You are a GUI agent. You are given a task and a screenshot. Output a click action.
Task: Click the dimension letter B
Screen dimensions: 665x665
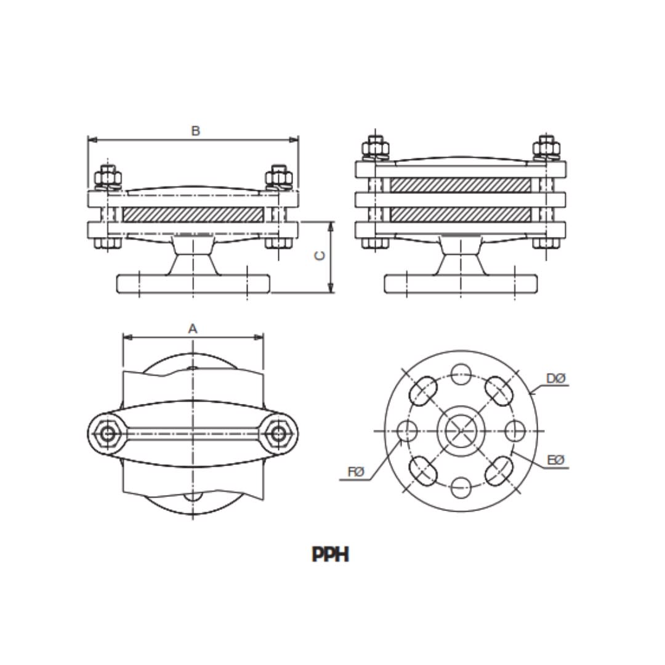point(195,131)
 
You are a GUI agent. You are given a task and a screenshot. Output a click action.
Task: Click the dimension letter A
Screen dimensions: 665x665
point(193,329)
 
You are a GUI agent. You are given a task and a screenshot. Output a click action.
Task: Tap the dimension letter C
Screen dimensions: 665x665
point(320,256)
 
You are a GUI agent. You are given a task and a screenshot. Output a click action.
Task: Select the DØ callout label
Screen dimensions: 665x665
point(555,378)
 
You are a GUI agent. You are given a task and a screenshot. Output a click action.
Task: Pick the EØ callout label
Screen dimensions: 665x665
point(555,461)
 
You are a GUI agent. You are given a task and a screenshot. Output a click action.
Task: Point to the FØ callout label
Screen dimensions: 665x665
point(357,472)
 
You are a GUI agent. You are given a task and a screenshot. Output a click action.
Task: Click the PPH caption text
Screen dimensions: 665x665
point(331,555)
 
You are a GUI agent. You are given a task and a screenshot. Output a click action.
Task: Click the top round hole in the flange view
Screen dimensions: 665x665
point(461,374)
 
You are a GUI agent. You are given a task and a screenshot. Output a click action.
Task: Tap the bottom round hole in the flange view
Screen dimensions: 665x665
point(461,488)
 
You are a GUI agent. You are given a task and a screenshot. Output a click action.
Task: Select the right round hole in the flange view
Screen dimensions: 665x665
point(515,431)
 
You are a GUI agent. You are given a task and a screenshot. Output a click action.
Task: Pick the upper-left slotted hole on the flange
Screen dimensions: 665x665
point(424,389)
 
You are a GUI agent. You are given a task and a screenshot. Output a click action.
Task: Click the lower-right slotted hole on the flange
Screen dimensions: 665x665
point(498,472)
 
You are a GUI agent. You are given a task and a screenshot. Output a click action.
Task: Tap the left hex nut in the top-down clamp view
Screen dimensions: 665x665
point(108,433)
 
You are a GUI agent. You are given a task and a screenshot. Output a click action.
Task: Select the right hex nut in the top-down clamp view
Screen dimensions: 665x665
point(279,433)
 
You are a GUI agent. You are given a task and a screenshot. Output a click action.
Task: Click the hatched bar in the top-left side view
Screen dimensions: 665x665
point(193,214)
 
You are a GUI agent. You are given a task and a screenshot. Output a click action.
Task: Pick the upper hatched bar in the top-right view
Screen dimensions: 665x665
point(461,185)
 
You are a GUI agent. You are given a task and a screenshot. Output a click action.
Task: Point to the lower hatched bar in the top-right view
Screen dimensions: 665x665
point(461,214)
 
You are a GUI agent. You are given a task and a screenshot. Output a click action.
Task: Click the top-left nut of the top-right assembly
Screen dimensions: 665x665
point(376,149)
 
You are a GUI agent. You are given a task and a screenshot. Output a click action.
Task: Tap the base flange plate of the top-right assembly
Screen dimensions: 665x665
point(461,284)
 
